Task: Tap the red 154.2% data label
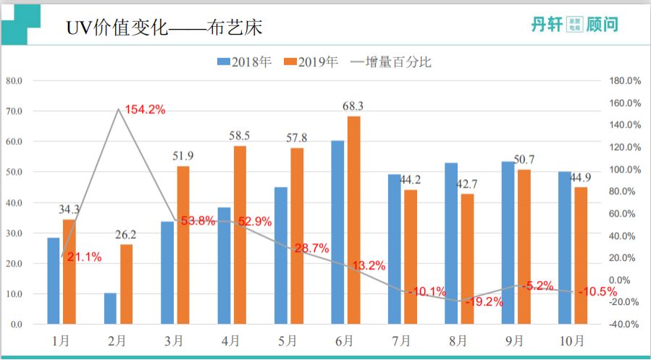[x=145, y=110]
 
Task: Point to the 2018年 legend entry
[x=245, y=62]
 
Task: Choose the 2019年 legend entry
[x=311, y=62]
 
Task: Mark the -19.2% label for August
[x=484, y=302]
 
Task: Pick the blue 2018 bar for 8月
[x=451, y=243]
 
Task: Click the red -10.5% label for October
[x=597, y=291]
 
